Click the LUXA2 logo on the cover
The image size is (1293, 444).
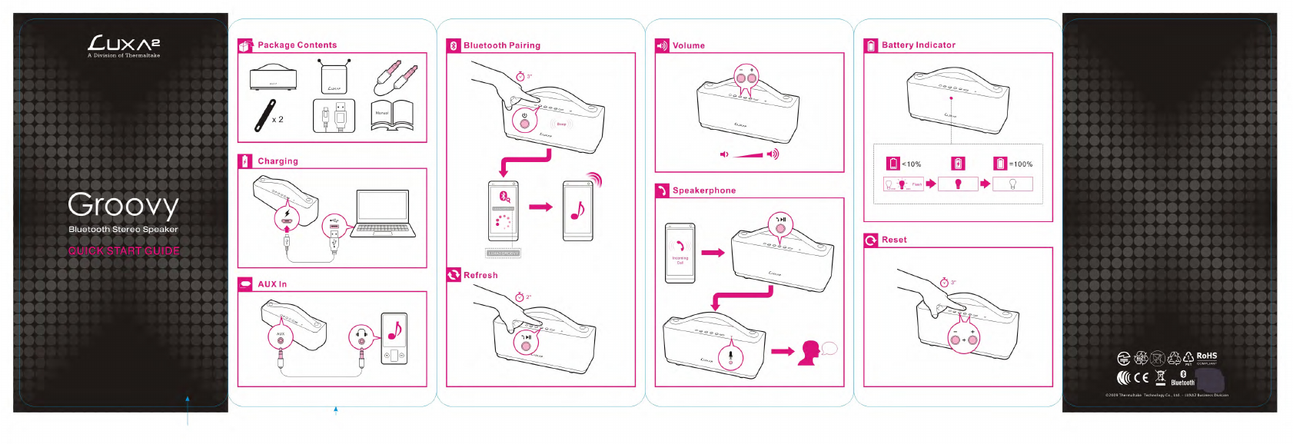coord(124,45)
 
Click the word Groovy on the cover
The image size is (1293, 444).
coord(123,205)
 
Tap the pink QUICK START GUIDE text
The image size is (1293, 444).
coord(124,251)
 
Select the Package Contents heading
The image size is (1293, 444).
coord(297,45)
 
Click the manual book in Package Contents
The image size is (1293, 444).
coord(392,116)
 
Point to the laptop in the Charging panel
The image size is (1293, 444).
coord(382,214)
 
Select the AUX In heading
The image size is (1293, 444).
coord(272,284)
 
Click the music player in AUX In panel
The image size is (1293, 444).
coord(394,339)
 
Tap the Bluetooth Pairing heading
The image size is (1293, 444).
coord(501,46)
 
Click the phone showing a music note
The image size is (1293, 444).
coord(577,210)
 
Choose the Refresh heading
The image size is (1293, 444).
coord(480,275)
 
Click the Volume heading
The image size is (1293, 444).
coord(688,46)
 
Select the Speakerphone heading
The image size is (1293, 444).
coord(703,191)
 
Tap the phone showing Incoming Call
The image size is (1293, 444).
coord(680,253)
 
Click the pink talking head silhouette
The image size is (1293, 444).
coord(809,353)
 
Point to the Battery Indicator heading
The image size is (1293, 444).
coord(918,45)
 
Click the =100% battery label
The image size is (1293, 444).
coord(1020,164)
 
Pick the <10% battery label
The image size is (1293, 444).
coord(911,164)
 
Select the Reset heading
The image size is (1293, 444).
coord(894,240)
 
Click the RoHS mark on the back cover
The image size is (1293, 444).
coord(1206,356)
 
